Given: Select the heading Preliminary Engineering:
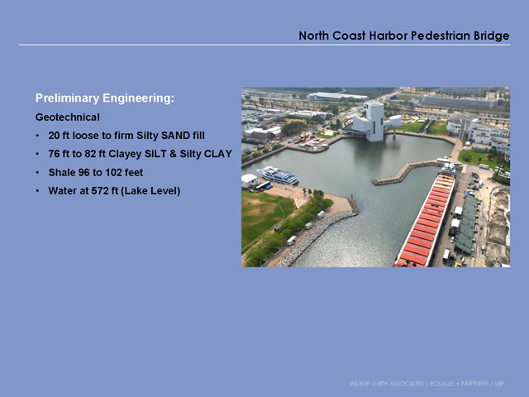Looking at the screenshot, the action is [x=105, y=98].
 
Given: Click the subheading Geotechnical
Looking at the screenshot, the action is [x=68, y=117].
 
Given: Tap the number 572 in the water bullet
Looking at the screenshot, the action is [x=100, y=191].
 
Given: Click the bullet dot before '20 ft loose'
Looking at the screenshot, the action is [x=38, y=136].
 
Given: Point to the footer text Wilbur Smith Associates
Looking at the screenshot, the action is [x=386, y=384].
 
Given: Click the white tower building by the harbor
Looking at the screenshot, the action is [x=374, y=122].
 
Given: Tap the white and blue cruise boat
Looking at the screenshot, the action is [x=278, y=175].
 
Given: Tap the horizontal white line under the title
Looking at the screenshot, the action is [x=264, y=45].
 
